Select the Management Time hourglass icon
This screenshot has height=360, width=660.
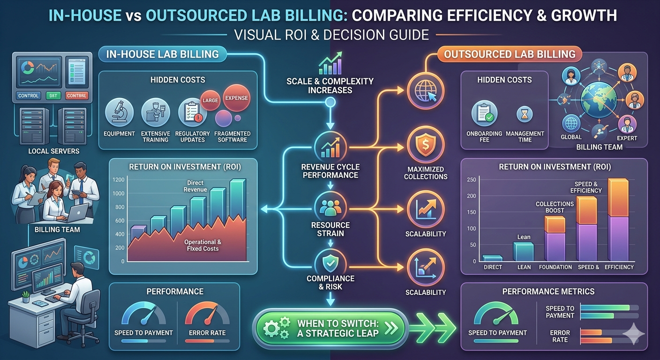pos(525,114)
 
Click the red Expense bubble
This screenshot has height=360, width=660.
pos(236,98)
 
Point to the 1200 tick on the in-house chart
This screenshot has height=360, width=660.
pos(119,180)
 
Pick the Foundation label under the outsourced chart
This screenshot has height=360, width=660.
pos(555,267)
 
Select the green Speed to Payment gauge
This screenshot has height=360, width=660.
pos(497,315)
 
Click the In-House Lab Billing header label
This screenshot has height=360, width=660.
pos(162,54)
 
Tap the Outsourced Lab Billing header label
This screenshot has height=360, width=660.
pos(510,54)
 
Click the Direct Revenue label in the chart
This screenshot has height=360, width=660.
pos(197,186)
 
